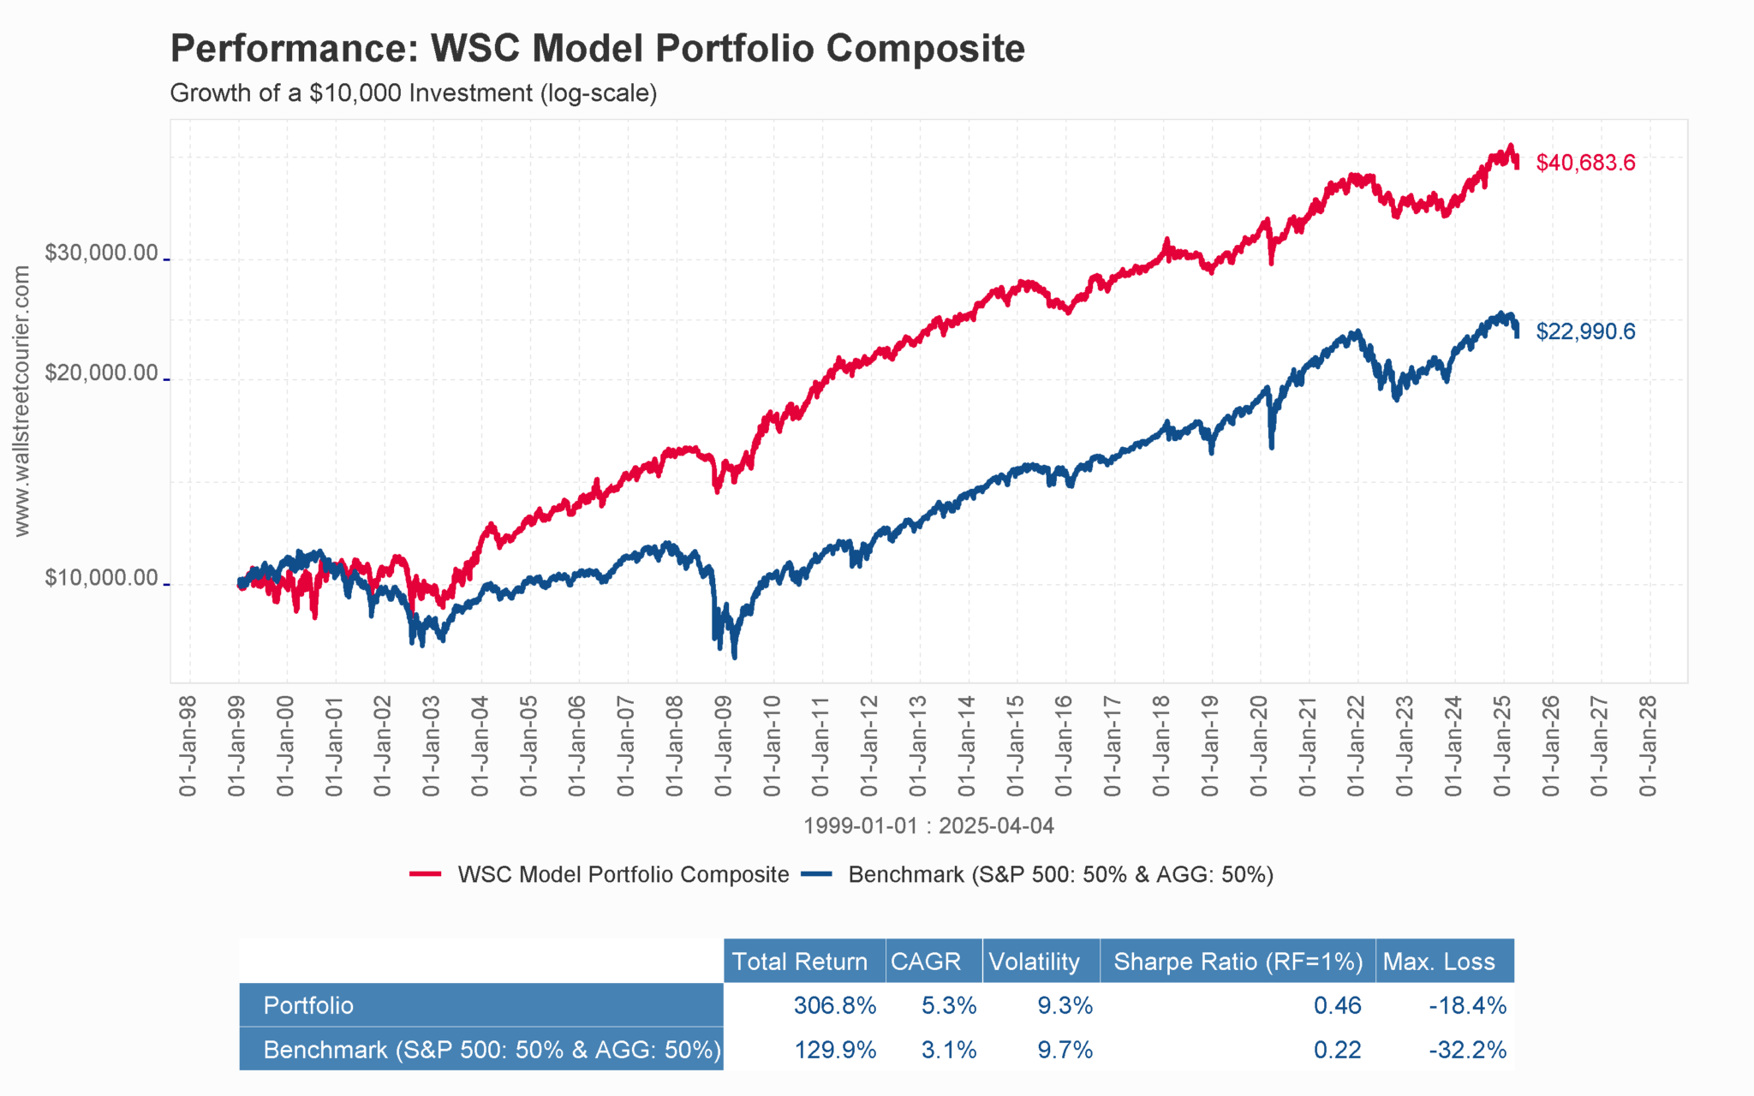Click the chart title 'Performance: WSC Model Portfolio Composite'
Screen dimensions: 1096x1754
(x=597, y=48)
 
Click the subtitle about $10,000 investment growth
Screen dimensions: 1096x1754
(x=414, y=92)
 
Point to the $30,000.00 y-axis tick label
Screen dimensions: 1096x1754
(x=101, y=253)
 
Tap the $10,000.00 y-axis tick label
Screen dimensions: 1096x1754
(x=101, y=579)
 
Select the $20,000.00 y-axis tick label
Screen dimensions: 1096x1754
(x=101, y=373)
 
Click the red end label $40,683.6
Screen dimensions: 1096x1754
(x=1585, y=163)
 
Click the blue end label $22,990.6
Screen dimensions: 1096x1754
(x=1585, y=331)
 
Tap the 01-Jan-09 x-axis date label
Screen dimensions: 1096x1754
(x=724, y=747)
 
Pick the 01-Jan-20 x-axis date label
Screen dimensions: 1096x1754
(x=1259, y=747)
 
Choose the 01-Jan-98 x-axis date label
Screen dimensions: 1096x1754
(x=188, y=747)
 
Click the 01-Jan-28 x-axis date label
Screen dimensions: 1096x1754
(x=1649, y=747)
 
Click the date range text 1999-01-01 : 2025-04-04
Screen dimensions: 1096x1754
(x=928, y=826)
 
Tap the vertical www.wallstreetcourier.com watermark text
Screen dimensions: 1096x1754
(x=22, y=401)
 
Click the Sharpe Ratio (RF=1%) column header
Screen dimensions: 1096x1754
(x=1238, y=962)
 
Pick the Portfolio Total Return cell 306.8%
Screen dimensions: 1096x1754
(x=834, y=1005)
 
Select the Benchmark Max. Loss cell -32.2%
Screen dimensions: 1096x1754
(x=1467, y=1050)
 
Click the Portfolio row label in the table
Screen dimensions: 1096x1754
(x=308, y=1005)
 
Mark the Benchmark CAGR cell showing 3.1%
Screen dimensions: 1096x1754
(x=948, y=1050)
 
